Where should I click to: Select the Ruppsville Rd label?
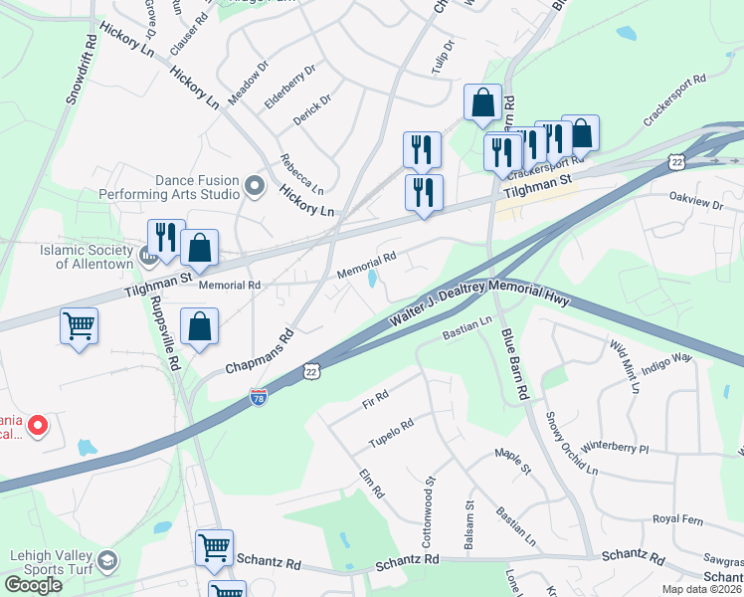[x=174, y=343]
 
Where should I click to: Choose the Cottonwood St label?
[x=431, y=506]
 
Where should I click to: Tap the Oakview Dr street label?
[x=695, y=202]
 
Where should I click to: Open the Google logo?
[x=33, y=584]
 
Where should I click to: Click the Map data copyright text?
[x=702, y=589]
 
